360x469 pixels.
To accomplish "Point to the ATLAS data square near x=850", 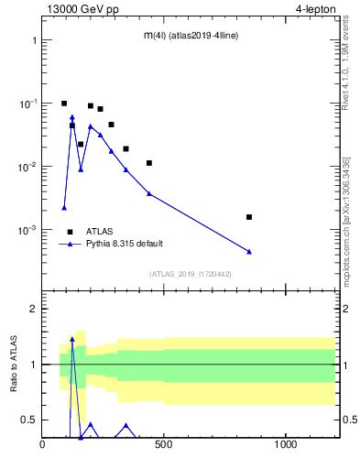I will pos(249,217).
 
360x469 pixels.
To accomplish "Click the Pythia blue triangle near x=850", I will pos(249,251).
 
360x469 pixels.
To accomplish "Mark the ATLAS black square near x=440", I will pos(149,163).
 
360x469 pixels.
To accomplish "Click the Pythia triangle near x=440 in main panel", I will pos(149,193).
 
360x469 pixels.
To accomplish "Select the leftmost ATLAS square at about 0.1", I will pos(64,104).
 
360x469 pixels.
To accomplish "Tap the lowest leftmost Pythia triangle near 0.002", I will pos(64,208).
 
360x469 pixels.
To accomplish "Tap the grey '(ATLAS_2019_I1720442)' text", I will pos(191,274).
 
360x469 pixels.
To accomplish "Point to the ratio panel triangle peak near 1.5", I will pos(72,339).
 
